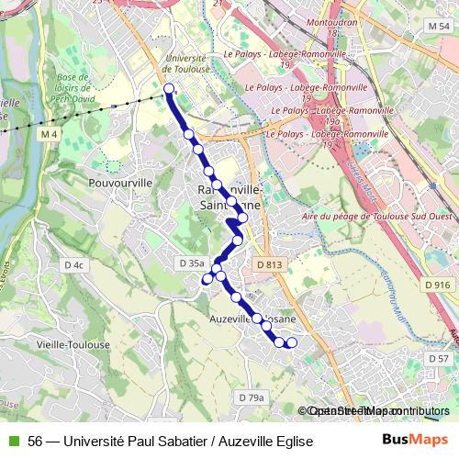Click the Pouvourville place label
tap(119, 183)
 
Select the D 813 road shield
tap(268, 264)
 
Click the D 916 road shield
tap(438, 285)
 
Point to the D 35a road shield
tap(191, 263)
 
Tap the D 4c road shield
tap(74, 265)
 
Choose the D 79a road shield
tap(251, 397)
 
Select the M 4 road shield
tap(49, 135)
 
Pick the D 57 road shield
tap(439, 358)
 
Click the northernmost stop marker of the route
tap(169, 89)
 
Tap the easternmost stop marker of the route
tap(292, 343)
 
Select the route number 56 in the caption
tap(35, 442)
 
